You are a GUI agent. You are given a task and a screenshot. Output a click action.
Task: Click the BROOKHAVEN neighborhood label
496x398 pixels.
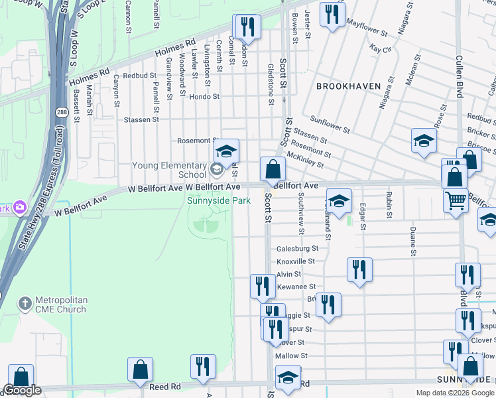tap(348, 86)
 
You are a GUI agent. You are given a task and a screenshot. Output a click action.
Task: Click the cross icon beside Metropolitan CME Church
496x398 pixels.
tap(25, 303)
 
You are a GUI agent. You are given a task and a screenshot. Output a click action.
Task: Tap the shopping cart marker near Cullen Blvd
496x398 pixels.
tap(456, 200)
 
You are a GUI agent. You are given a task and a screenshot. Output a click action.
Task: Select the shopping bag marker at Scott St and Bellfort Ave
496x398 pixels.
tap(273, 170)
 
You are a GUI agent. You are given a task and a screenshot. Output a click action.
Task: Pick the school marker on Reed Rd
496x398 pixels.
tap(287, 378)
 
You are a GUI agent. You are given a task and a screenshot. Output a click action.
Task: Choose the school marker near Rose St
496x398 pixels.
tap(424, 141)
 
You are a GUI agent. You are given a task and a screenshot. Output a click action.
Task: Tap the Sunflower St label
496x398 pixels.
tap(330, 123)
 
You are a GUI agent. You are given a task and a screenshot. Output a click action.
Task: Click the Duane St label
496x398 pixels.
tap(412, 243)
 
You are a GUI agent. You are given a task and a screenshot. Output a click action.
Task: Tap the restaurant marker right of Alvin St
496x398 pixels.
tap(359, 269)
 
